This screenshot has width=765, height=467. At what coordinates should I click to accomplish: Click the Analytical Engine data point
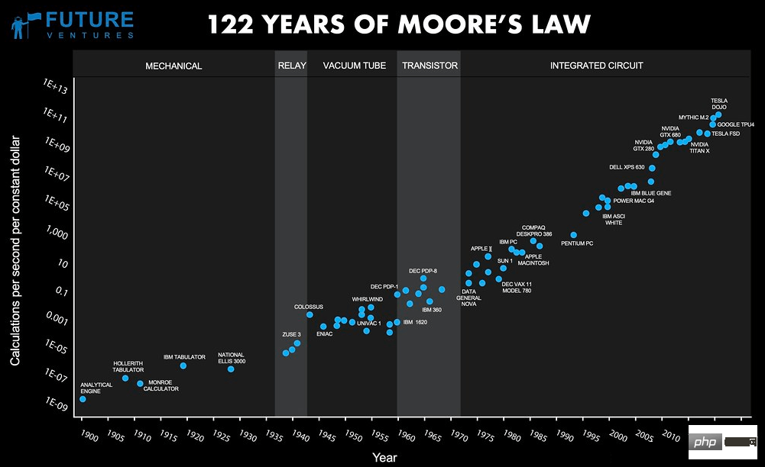[x=83, y=399]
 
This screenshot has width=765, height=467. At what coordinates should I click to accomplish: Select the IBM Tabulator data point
[x=183, y=366]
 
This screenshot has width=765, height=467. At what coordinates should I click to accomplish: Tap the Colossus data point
[x=310, y=314]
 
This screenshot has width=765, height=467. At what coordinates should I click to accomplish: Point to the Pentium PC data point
[x=574, y=235]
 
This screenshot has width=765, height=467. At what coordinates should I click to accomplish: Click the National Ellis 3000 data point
[x=231, y=369]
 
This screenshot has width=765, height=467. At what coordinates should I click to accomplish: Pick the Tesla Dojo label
[x=719, y=104]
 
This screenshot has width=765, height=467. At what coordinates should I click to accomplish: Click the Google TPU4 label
[x=736, y=124]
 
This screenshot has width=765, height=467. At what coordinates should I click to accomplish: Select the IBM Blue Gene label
[x=651, y=193]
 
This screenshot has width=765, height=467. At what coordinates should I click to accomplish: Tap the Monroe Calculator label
[x=163, y=385]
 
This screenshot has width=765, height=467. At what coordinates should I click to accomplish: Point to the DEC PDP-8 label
[x=424, y=270]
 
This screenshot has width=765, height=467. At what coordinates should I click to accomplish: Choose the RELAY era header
[x=291, y=66]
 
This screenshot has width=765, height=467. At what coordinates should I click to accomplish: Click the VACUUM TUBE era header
[x=354, y=66]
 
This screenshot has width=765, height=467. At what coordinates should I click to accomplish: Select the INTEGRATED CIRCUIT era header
[x=596, y=66]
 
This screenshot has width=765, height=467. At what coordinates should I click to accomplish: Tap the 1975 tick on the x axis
[x=485, y=436]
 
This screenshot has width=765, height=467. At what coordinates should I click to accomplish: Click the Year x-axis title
[x=384, y=457]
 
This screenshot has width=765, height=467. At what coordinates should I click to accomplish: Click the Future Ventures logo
[x=73, y=24]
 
